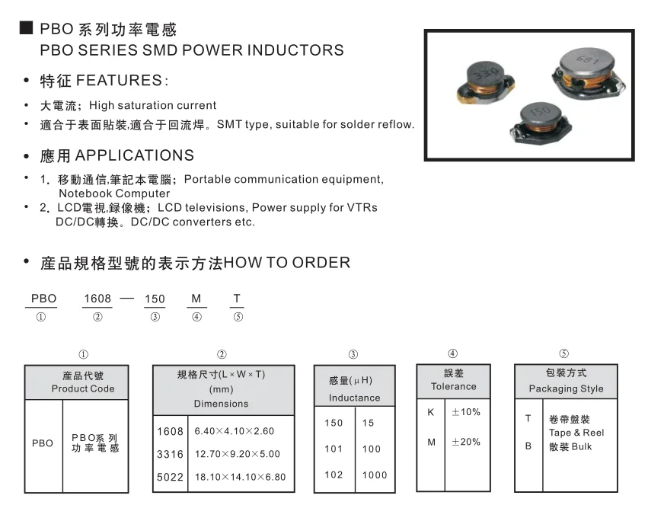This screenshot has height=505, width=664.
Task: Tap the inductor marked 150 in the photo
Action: point(541,119)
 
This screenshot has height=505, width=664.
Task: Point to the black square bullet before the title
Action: point(26,28)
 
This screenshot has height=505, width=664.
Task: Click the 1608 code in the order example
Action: point(97,299)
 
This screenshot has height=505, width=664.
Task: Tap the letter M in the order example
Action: point(196,299)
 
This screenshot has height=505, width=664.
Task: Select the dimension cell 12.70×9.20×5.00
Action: point(237,454)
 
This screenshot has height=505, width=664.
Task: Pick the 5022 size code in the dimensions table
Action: point(170,477)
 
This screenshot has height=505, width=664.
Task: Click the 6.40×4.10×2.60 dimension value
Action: point(234,431)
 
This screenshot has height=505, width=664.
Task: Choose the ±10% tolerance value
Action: point(465,412)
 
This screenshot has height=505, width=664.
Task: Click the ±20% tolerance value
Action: point(465,442)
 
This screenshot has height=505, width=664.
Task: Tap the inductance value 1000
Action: point(375,475)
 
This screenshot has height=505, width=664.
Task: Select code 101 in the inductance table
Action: point(334,449)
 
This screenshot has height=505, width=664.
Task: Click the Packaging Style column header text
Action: point(566,388)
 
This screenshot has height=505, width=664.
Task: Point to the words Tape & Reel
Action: point(576,433)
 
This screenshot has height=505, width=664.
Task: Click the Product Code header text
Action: point(83,388)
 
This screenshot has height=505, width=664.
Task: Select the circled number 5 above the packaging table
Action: point(563,353)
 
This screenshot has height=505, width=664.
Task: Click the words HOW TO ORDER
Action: point(288,264)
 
